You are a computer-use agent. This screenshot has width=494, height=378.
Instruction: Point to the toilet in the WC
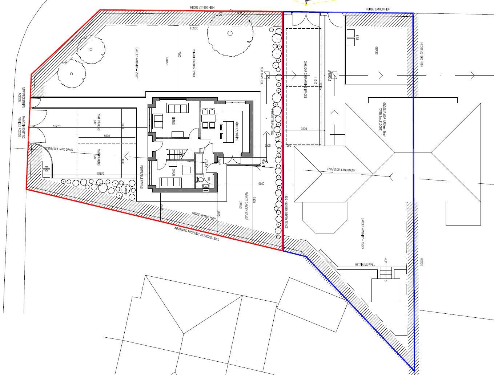[x=200, y=179]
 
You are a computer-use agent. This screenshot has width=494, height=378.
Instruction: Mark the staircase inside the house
[x=174, y=154]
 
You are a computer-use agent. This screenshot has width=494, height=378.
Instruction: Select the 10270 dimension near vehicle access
[x=57, y=126]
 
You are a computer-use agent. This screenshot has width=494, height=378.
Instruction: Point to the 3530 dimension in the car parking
[x=304, y=129]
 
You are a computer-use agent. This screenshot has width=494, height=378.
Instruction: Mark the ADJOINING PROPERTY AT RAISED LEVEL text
[x=197, y=236]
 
